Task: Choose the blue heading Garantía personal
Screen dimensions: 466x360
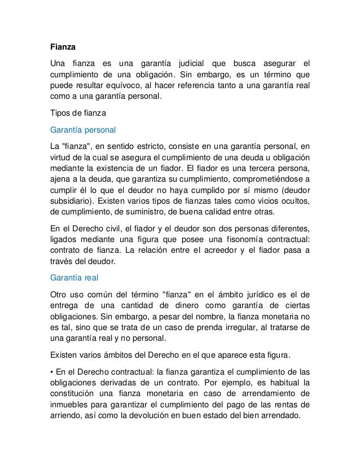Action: pyautogui.click(x=82, y=130)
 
